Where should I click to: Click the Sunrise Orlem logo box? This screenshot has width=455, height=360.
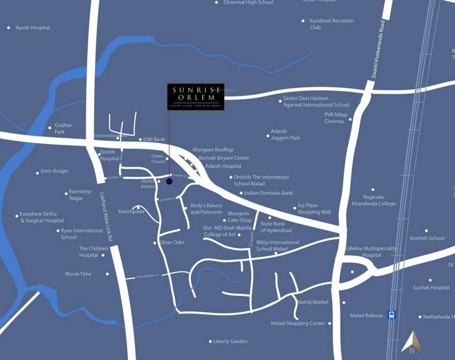point(196,97)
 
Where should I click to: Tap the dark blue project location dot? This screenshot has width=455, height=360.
point(169,181)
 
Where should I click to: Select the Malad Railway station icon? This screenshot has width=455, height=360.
point(391,315)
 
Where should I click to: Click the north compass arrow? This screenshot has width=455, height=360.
point(412,342)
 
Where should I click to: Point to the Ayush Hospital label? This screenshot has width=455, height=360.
point(32,28)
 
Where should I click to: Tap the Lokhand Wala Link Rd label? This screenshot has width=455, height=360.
point(106,216)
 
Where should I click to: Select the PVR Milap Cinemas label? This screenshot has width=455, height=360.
point(335,118)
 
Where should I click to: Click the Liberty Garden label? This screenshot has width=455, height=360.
point(230,341)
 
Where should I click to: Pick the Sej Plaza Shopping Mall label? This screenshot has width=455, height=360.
point(314,209)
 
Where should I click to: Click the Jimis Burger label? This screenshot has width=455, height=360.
point(54,171)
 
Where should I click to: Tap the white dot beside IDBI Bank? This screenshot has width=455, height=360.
point(140,140)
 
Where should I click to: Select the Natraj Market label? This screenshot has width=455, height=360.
point(313,302)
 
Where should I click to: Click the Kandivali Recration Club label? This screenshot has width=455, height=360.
point(331,24)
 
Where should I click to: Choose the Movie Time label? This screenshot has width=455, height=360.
point(78,274)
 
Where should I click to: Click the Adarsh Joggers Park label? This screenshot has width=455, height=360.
point(285,135)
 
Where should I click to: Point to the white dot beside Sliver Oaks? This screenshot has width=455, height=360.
point(154,243)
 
